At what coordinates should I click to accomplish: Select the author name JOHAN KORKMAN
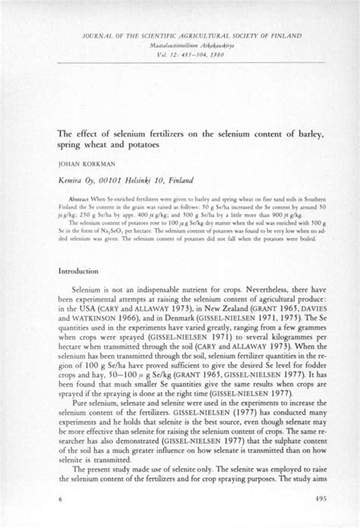(84, 163)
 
